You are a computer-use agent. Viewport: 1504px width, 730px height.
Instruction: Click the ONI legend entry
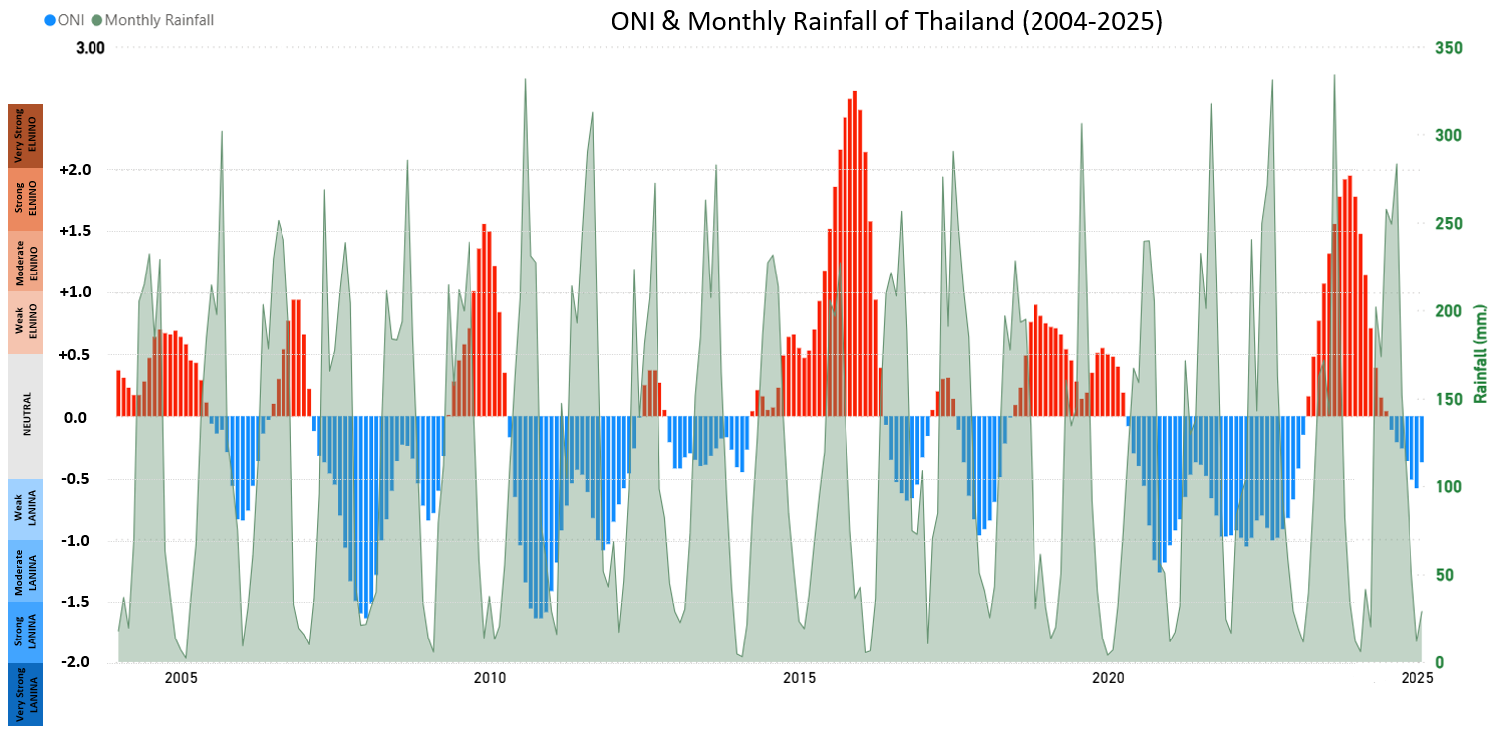(x=65, y=20)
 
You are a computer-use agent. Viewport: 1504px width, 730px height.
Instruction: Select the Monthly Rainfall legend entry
(x=152, y=20)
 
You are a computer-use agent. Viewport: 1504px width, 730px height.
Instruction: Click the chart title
(x=885, y=22)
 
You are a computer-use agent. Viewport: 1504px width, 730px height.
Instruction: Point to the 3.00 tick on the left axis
(x=90, y=48)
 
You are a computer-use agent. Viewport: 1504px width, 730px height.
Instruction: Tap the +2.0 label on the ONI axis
(x=76, y=170)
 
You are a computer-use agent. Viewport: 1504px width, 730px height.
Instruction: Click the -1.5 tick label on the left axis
(x=76, y=601)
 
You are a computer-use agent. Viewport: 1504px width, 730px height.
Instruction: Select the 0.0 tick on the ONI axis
(x=76, y=417)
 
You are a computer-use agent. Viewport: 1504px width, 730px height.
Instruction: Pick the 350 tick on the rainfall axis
(x=1449, y=48)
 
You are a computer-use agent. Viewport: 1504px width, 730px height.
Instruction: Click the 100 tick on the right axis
(x=1449, y=487)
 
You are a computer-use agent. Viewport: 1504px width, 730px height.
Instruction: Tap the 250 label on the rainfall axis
(x=1449, y=224)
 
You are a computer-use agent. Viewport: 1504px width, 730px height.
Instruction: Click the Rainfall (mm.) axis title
(x=1480, y=354)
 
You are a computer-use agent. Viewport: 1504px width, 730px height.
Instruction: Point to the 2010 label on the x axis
(x=490, y=678)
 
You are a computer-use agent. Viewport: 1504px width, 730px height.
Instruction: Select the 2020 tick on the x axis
(x=1108, y=678)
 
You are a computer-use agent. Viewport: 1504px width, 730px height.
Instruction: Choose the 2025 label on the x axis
(x=1417, y=678)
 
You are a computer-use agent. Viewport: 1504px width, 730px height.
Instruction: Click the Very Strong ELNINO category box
(x=26, y=135)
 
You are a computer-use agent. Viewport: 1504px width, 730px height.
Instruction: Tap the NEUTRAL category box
(x=26, y=417)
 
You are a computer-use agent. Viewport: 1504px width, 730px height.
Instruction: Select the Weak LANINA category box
(x=26, y=510)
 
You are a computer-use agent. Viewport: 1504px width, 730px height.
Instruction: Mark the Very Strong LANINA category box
(x=26, y=694)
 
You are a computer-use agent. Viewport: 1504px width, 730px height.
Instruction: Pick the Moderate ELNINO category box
(x=26, y=262)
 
